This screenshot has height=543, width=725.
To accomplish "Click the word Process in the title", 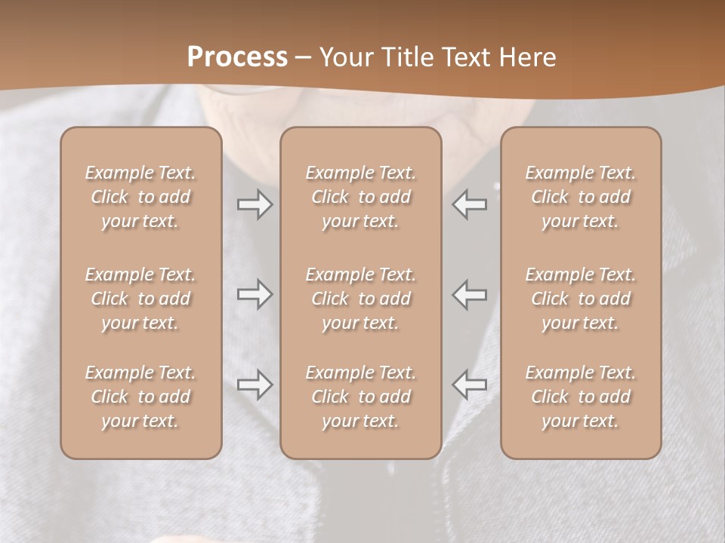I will click(237, 57).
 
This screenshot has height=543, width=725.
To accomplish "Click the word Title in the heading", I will click(406, 57).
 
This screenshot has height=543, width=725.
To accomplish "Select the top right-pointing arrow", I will click(255, 204).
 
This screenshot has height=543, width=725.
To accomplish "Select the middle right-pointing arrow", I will click(255, 294).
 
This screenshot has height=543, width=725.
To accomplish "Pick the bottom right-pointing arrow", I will click(255, 385).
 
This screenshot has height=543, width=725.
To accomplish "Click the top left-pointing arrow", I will click(469, 204).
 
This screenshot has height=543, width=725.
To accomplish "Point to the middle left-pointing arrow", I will click(469, 294).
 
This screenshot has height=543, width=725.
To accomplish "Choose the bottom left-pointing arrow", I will click(469, 385).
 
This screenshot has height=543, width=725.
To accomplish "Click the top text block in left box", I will click(140, 197).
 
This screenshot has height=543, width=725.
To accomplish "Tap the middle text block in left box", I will click(140, 299).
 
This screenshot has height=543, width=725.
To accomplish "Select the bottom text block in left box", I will click(140, 397).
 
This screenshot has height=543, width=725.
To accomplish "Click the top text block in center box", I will click(360, 197).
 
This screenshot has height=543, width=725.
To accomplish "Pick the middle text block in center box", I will click(360, 299).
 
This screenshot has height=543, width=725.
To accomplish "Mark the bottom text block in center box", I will click(360, 397).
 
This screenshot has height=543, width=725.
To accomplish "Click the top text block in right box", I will click(580, 197).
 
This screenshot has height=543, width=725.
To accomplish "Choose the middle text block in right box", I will click(580, 299).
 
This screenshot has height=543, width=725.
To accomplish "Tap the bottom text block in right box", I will click(580, 397).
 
